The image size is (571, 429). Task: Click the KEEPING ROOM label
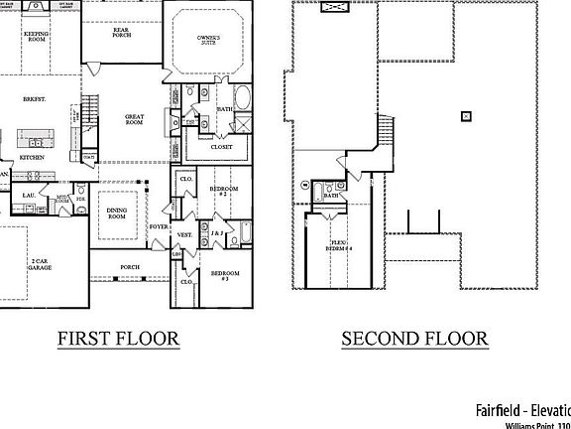point(36,37)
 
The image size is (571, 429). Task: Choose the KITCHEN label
point(32,157)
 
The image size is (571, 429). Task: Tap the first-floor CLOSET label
point(222,147)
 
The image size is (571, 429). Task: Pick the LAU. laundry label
point(29,196)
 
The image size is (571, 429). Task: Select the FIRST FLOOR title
point(118,339)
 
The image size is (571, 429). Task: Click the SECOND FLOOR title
point(414,339)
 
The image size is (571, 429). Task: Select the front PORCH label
point(129,267)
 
